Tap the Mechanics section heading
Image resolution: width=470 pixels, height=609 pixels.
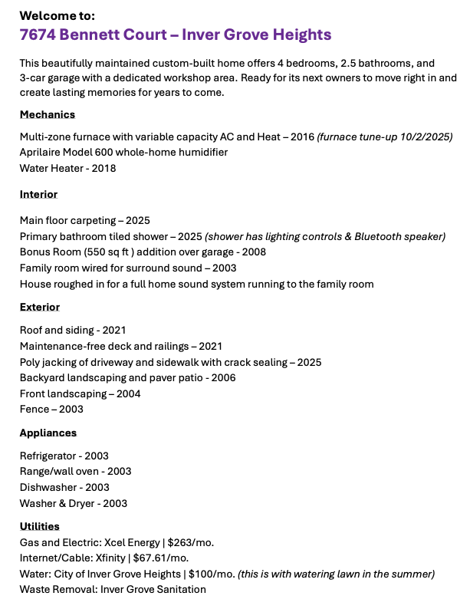(48, 114)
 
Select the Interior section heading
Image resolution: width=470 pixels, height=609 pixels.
(38, 194)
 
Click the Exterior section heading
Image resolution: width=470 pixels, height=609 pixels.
(40, 307)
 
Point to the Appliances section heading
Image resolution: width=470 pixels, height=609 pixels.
(48, 433)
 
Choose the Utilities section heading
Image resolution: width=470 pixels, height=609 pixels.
(40, 526)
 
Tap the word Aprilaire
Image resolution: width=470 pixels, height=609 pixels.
(43, 152)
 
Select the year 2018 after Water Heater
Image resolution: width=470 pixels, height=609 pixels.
(104, 168)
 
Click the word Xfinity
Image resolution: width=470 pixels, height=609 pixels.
(113, 558)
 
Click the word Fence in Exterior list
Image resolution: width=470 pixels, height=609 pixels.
(34, 409)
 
